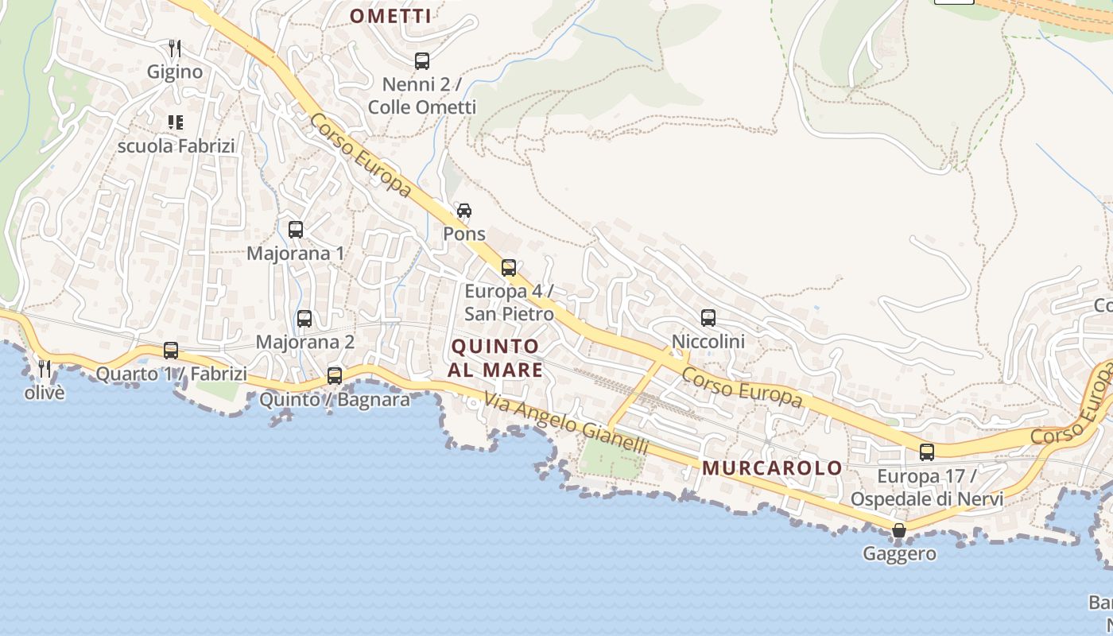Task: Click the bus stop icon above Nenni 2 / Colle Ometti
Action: click(x=422, y=60)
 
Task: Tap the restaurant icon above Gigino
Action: click(x=175, y=48)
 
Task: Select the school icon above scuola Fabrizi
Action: click(x=176, y=122)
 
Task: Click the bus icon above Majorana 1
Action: click(x=296, y=230)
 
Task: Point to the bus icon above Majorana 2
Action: click(x=304, y=319)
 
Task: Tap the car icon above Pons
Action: click(x=464, y=211)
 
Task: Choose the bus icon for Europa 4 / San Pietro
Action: click(x=509, y=268)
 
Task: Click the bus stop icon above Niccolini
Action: click(x=708, y=318)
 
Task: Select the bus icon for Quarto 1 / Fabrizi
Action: click(x=171, y=351)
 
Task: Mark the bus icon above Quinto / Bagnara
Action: click(x=335, y=376)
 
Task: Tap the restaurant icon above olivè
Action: click(x=45, y=369)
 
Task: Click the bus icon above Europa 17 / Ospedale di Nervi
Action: click(x=927, y=452)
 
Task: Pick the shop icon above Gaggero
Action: click(x=899, y=530)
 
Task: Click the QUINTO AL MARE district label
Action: click(x=495, y=358)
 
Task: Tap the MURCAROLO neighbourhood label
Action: click(x=773, y=467)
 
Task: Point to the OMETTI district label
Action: click(x=391, y=16)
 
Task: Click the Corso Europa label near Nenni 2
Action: click(x=361, y=155)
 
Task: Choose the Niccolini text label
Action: click(x=708, y=342)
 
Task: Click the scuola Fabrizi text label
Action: click(x=176, y=146)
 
